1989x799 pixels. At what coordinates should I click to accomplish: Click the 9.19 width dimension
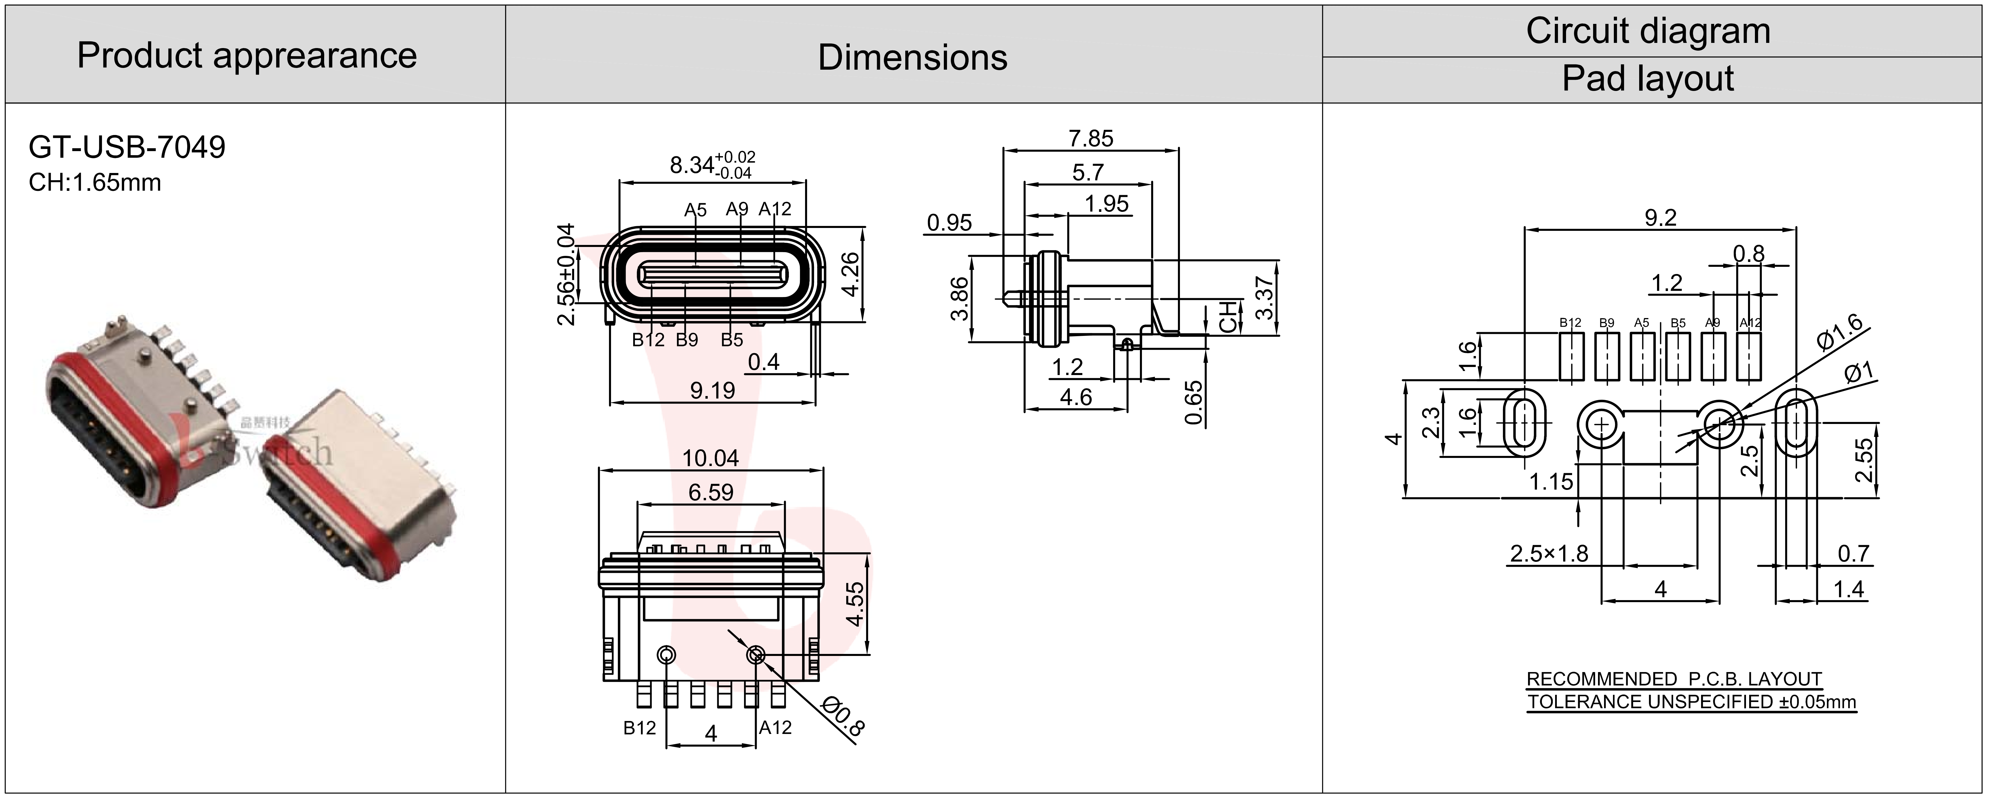tap(712, 391)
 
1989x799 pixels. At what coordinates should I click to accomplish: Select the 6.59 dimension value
tap(710, 492)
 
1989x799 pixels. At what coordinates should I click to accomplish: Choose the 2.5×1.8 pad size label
tap(1549, 553)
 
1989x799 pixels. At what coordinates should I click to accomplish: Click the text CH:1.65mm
tap(95, 183)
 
